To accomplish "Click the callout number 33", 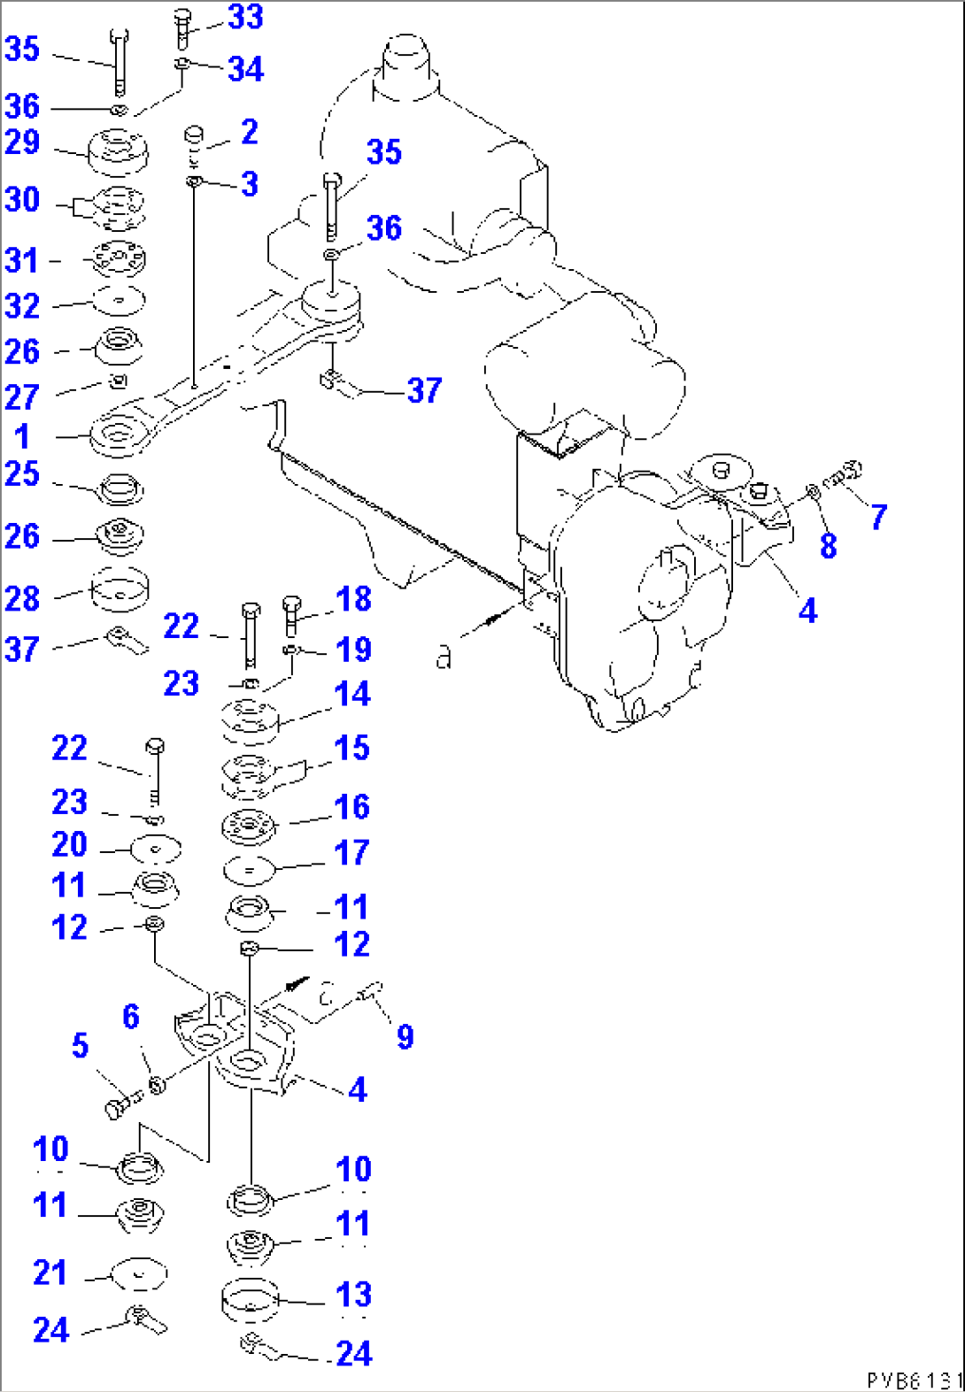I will pos(245,17).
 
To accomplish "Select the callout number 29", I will pos(22,142).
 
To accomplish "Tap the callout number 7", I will pos(877,517).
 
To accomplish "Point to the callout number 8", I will pos(828,546).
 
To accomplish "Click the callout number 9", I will pos(405,1036).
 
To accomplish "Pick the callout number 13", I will pos(353,1295).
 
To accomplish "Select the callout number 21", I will pos(50,1273).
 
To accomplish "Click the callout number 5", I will pos(80,1046).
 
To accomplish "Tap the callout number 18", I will pos(353,599).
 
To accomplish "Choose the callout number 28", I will pos(22,598).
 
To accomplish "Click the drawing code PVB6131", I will pos(914,1380).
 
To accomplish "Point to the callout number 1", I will pos(22,436).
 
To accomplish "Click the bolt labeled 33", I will pos(183,28).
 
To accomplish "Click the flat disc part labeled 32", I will pos(119,301).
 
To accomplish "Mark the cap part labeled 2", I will pos(194,135).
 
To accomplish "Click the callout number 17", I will pos(351,853).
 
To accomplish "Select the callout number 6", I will pos(131,1017).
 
